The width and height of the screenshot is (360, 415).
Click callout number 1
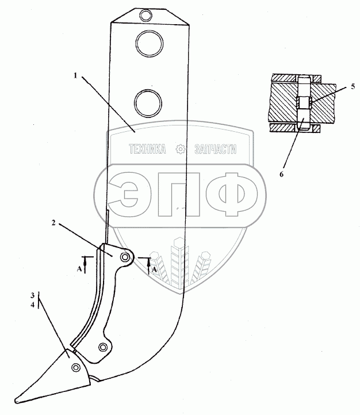click(75, 74)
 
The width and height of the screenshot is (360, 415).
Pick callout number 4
click(33, 304)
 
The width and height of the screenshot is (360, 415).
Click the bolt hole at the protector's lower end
click(102, 347)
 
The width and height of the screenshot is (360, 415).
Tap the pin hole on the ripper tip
click(75, 367)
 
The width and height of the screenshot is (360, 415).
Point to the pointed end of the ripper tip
click(16, 401)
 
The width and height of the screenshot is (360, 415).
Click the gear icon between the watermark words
click(180, 149)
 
